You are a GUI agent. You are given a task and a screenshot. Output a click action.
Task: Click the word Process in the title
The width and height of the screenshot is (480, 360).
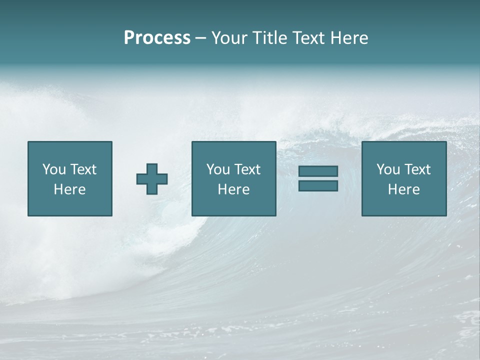pyautogui.click(x=157, y=38)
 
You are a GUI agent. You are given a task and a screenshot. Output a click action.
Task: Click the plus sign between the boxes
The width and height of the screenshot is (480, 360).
pyautogui.click(x=152, y=178)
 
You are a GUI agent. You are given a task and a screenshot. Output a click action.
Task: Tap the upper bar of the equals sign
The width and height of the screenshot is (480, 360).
pyautogui.click(x=318, y=171)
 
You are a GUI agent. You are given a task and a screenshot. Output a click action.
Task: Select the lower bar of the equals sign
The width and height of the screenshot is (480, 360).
pyautogui.click(x=318, y=185)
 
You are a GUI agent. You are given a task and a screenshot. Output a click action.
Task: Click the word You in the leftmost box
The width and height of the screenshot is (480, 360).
pyautogui.click(x=54, y=169)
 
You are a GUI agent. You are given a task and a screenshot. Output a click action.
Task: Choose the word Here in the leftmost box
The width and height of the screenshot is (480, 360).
pyautogui.click(x=69, y=189)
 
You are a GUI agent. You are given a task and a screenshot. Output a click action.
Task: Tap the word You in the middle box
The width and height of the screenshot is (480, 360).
pyautogui.click(x=218, y=169)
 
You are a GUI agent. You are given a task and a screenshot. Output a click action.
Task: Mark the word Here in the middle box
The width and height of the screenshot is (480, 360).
pyautogui.click(x=233, y=189)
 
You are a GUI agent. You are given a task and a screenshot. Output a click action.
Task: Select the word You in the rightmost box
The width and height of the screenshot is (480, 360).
pyautogui.click(x=388, y=169)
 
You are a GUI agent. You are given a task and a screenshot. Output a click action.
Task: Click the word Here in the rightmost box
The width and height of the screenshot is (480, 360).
pyautogui.click(x=403, y=189)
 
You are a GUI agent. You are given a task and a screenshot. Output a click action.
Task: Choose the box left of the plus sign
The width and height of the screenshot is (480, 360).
pyautogui.click(x=69, y=205)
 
